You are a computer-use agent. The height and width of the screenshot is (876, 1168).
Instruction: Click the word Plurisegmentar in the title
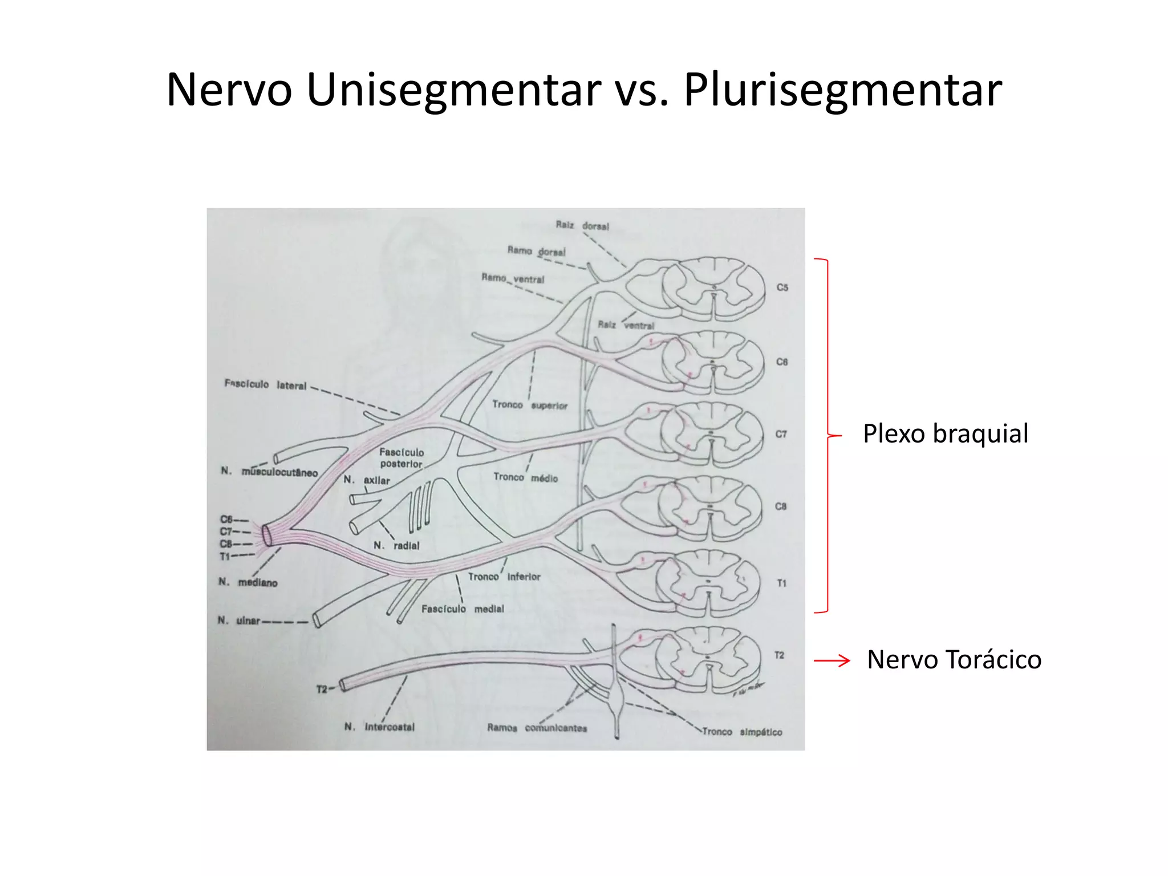pos(842,90)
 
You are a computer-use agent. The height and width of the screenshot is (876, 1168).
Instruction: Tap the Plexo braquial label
pos(945,433)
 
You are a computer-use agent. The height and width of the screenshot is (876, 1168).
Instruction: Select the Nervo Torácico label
pos(954,660)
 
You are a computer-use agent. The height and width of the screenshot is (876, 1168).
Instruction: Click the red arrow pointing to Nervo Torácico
pos(832,661)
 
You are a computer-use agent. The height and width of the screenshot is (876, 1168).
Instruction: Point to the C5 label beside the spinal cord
pos(782,287)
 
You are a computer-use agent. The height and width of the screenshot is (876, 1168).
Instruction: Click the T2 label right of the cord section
pos(779,655)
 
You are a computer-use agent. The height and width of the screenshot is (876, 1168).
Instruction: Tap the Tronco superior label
pos(530,405)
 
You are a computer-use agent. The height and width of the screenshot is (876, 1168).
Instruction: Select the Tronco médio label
pos(525,478)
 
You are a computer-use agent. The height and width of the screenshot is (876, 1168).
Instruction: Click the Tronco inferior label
pos(504,577)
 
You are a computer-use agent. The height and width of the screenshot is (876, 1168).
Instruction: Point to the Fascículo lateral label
pos(265,385)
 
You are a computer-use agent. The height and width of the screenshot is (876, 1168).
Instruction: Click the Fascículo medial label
pos(463,609)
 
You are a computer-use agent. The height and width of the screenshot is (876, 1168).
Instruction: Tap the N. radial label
pos(396,546)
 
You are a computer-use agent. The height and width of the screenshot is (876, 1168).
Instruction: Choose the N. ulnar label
pos(239,620)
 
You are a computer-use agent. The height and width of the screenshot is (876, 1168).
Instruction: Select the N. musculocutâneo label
pos(269,472)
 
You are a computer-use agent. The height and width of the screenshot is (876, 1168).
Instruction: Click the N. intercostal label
pos(379,727)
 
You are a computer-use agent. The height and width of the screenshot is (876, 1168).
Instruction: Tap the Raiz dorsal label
pos(582,226)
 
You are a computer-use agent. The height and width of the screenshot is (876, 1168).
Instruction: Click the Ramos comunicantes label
pos(537,728)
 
